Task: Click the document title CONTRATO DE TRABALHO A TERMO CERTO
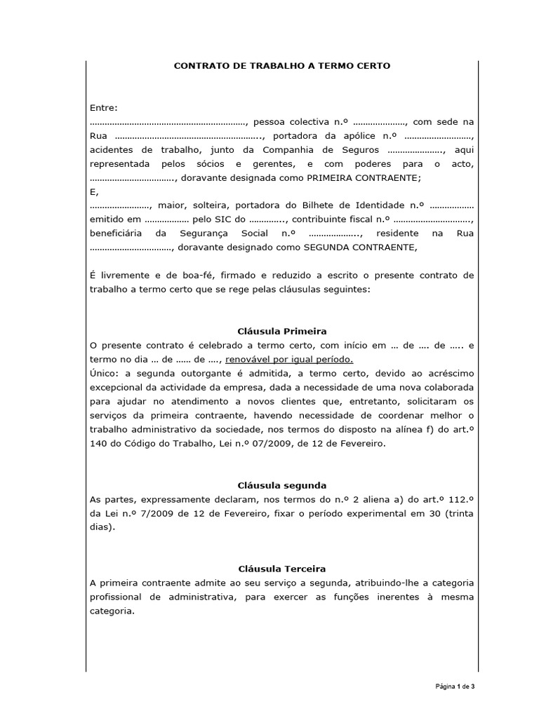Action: click(x=282, y=65)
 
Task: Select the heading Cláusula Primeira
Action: click(x=282, y=331)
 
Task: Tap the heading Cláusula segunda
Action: click(x=282, y=485)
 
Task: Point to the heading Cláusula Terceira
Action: click(x=282, y=569)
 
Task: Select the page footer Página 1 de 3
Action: click(x=455, y=686)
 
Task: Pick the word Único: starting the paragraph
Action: click(x=105, y=373)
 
